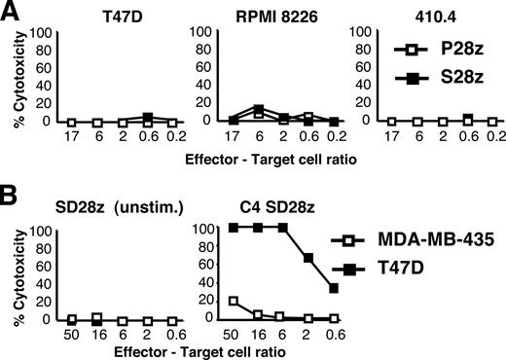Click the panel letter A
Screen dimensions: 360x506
point(12,13)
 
